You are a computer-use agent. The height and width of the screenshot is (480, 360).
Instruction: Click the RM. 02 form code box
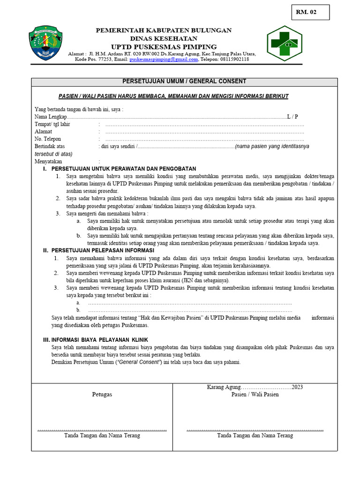(x=310, y=12)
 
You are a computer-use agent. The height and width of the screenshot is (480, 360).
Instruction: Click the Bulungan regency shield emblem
(x=45, y=43)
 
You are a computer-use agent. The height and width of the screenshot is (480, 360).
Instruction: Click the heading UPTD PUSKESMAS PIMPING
(x=164, y=46)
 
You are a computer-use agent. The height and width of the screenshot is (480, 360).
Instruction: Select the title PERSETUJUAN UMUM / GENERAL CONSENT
(x=184, y=82)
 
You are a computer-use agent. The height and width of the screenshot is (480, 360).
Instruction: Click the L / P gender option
(x=292, y=117)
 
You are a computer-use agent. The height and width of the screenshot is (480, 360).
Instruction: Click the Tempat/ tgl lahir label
(x=52, y=124)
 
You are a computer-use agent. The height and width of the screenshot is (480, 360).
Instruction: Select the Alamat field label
(x=43, y=132)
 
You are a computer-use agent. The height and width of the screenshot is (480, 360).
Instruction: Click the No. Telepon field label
(x=48, y=139)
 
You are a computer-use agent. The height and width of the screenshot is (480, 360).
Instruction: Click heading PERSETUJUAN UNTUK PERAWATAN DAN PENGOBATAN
(x=124, y=169)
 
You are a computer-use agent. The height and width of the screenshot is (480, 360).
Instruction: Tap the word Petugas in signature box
(x=102, y=395)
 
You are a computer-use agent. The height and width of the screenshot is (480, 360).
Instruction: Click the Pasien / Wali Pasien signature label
(x=255, y=394)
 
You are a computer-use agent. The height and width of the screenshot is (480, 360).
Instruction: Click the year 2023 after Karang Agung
(x=297, y=387)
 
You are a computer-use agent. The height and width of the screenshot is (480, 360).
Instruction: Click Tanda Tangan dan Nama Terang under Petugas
(x=102, y=435)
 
